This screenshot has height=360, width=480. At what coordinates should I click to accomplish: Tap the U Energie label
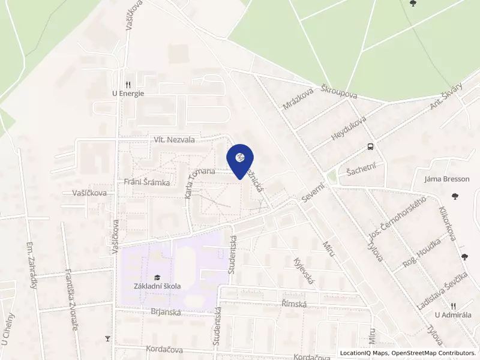128,94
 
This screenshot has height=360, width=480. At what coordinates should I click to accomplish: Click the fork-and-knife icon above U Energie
128,85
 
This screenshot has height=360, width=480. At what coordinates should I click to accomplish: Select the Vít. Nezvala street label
175,140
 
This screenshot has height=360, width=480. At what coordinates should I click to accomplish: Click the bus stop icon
371,147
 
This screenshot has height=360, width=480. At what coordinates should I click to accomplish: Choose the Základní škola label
157,286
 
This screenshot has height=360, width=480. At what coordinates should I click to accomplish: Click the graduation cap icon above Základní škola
157,277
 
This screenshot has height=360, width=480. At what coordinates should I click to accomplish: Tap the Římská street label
294,304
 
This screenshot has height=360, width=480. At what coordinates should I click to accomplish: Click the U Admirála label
453,315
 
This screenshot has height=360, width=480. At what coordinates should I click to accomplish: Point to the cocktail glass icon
108,339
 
